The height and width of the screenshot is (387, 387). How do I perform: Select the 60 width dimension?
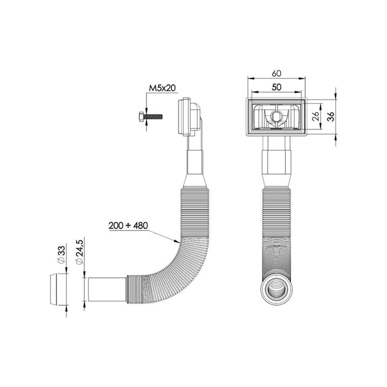[276, 72]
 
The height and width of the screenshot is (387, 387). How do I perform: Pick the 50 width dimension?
[276, 87]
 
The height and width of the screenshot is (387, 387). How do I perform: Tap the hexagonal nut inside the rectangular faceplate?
[276, 117]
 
